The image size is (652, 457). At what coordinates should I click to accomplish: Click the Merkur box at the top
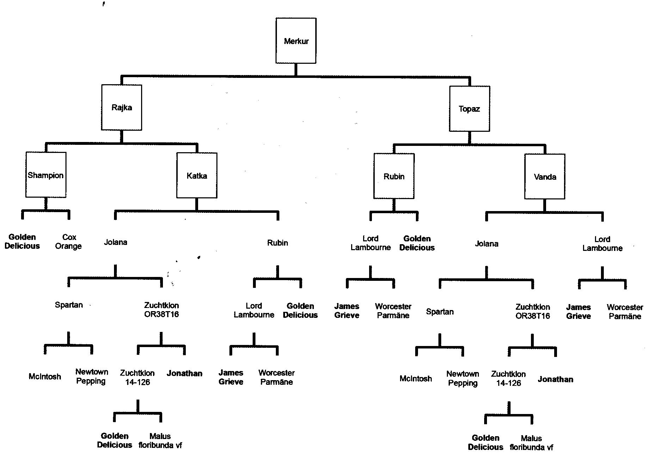[x=296, y=41]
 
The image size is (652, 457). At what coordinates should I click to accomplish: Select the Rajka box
[x=122, y=107]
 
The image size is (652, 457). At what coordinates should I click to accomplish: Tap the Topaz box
[x=469, y=109]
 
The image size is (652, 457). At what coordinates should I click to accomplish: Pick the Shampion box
[x=46, y=175]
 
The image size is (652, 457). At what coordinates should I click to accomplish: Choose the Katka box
[x=197, y=175]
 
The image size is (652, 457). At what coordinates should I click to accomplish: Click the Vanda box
[x=545, y=177]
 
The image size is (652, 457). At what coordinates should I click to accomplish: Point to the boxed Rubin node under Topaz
[x=394, y=176]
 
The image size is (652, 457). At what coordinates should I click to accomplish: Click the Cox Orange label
[x=69, y=242]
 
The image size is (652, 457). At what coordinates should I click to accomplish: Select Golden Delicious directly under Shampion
[x=22, y=241]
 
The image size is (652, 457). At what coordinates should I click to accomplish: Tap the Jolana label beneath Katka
[x=115, y=242]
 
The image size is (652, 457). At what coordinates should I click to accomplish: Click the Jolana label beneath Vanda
[x=487, y=244]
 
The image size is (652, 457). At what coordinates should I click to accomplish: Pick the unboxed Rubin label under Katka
[x=278, y=243]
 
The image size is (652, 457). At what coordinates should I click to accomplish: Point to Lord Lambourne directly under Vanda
[x=602, y=243]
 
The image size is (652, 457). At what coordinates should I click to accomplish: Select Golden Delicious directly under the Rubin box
[x=417, y=243]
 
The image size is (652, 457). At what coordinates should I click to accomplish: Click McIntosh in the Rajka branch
[x=45, y=377]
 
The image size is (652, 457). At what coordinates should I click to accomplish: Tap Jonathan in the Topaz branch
[x=555, y=379]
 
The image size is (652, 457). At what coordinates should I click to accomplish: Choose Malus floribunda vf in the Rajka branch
[x=160, y=440]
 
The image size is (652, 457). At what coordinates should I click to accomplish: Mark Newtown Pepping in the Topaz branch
[x=463, y=378]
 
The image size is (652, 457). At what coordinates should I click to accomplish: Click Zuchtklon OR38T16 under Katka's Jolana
[x=162, y=310]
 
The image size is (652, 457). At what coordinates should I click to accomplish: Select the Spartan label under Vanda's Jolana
[x=440, y=312]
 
